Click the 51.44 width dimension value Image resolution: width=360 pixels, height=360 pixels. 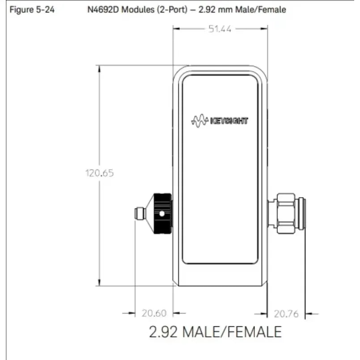coord(220,29)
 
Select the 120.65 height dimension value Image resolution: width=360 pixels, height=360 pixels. coord(99,173)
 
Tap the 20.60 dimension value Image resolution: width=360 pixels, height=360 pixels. coord(154,313)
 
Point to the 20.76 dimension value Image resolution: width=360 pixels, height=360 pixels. coord(286,314)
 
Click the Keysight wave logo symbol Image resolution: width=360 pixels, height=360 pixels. coord(200,121)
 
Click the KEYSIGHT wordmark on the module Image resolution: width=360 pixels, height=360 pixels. coord(229,121)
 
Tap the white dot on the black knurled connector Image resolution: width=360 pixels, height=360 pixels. coord(161,214)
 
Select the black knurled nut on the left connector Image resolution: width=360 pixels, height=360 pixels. coord(162,214)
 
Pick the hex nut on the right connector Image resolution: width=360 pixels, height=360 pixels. coord(286,213)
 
